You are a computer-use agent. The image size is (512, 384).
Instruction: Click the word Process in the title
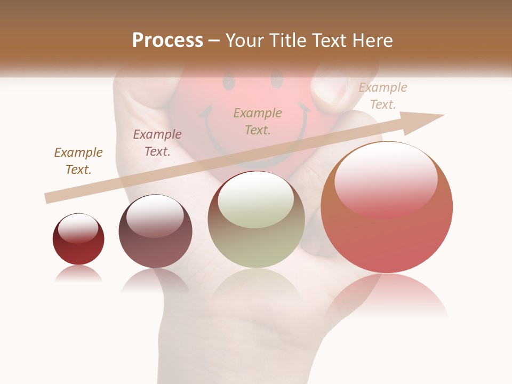pos(167,41)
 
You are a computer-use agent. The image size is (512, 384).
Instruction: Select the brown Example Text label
pos(78,161)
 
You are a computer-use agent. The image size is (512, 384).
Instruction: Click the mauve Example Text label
pos(157,143)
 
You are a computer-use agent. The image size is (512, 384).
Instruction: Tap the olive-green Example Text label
pos(258,122)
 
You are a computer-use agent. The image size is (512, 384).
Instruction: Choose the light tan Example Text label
pos(383,96)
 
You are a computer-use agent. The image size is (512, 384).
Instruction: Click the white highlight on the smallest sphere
pos(78,228)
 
